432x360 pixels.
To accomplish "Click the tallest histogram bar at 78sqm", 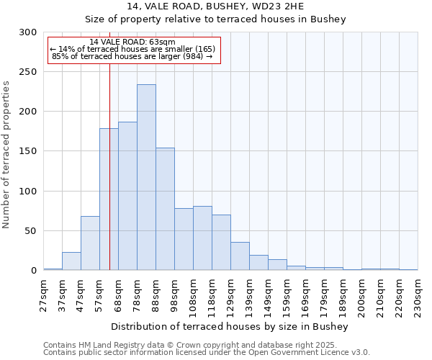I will coord(146,177).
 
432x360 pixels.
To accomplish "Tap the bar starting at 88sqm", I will coord(165,209).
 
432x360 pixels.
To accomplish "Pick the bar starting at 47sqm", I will coord(90,243).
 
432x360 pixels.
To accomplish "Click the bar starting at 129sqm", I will coord(240,256).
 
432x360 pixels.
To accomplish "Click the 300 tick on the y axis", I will coord(28,32).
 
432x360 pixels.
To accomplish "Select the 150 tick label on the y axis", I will coord(28,152).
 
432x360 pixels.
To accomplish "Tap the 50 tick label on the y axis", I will coord(31,231).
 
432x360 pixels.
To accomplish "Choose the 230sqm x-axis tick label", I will coord(418,292).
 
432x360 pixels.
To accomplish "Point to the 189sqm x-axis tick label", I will coord(343,292).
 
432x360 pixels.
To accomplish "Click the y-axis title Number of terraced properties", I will coord(6,154).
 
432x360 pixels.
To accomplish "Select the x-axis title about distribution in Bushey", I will coord(230,327).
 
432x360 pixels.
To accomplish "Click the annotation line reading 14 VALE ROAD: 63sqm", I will coord(132,42).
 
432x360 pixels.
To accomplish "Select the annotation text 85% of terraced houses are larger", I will coord(132,56).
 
